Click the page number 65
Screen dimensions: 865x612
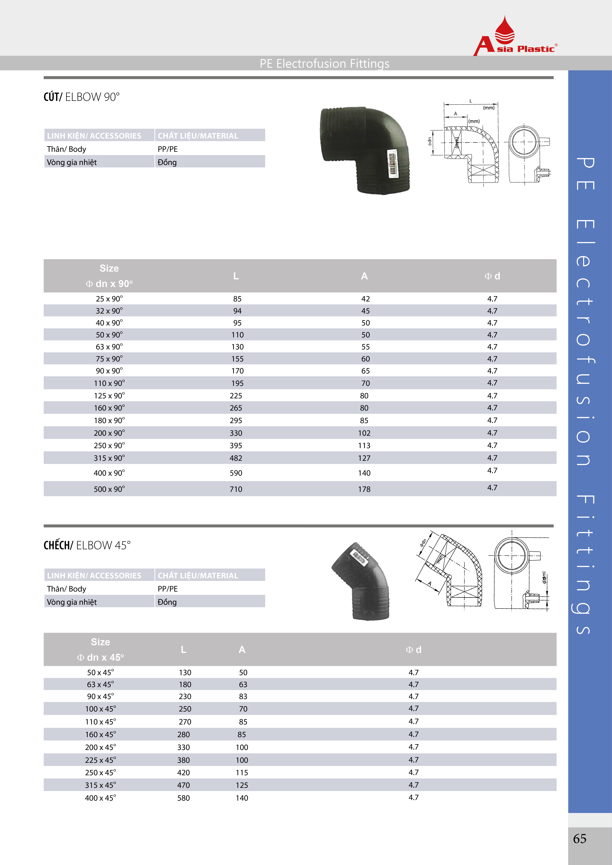tap(580, 839)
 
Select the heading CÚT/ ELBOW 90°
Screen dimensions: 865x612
tap(81, 97)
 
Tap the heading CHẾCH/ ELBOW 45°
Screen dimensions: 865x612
tap(87, 546)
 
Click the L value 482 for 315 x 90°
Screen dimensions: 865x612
tap(236, 458)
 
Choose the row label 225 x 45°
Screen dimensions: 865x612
tap(100, 760)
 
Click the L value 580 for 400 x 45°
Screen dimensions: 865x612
tap(184, 798)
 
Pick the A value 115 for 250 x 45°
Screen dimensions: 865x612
tap(242, 773)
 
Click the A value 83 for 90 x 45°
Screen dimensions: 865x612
tap(243, 697)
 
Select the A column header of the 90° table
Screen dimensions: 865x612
tap(364, 276)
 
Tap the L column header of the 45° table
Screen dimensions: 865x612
tap(184, 649)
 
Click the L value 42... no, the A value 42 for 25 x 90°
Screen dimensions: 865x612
tap(365, 299)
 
